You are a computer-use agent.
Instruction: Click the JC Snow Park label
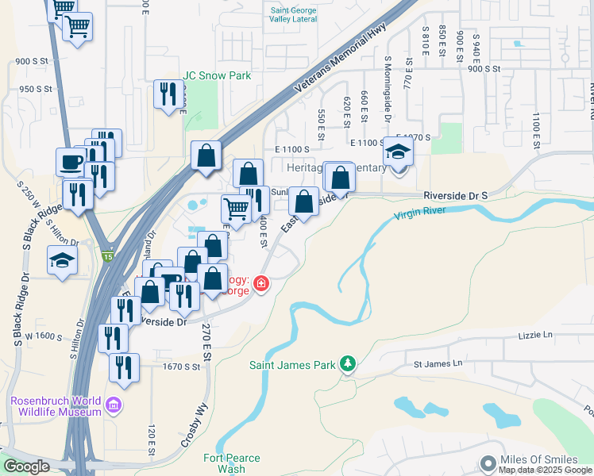point(217,75)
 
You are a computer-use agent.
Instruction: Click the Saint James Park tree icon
point(347,364)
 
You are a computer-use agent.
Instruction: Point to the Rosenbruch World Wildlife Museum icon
point(114,406)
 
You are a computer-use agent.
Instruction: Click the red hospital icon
point(260,283)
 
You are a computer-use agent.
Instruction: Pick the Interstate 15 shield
point(107,256)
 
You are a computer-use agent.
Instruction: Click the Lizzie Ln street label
point(536,336)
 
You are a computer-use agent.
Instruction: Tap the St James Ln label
point(438,363)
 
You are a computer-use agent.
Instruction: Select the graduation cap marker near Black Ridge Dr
point(61,259)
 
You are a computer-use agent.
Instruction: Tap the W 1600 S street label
point(43,336)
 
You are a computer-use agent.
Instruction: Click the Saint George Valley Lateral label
point(292,14)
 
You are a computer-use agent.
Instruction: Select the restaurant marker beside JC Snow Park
point(168,94)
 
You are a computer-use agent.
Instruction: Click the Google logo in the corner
point(26,466)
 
